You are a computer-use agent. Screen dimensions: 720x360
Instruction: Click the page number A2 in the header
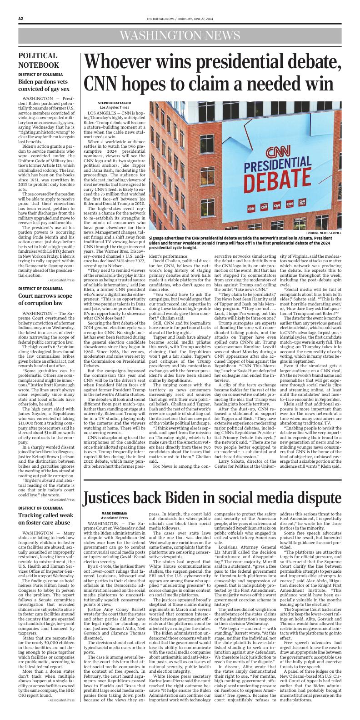point(21,19)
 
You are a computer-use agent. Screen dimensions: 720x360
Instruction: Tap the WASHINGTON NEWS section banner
point(180,35)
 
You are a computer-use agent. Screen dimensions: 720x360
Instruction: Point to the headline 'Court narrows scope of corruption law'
point(44,299)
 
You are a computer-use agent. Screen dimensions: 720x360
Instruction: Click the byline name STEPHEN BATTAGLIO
point(111,103)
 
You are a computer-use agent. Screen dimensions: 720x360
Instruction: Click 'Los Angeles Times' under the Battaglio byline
point(111,107)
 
